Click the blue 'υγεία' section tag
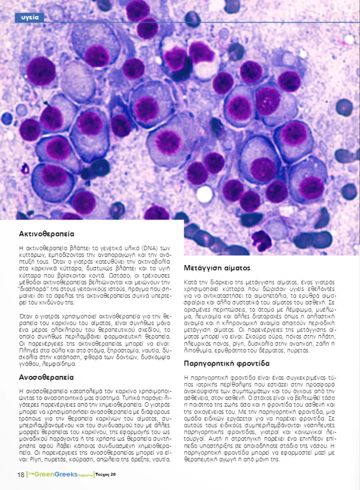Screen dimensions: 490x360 [29, 17]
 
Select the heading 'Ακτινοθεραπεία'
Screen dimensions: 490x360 [46, 234]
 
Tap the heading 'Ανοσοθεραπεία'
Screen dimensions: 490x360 [46, 377]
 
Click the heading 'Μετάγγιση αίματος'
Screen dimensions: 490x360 [217, 268]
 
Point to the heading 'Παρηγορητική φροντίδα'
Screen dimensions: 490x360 [226, 364]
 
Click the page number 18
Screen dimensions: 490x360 [21, 475]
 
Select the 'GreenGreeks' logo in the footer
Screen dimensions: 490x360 [56, 474]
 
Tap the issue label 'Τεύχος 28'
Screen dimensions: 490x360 [106, 474]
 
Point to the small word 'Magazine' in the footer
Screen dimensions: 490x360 [85, 476]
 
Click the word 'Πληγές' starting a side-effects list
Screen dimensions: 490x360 [27, 350]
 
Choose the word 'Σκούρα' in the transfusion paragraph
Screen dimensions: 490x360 [256, 337]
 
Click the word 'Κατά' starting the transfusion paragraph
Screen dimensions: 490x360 [191, 282]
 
